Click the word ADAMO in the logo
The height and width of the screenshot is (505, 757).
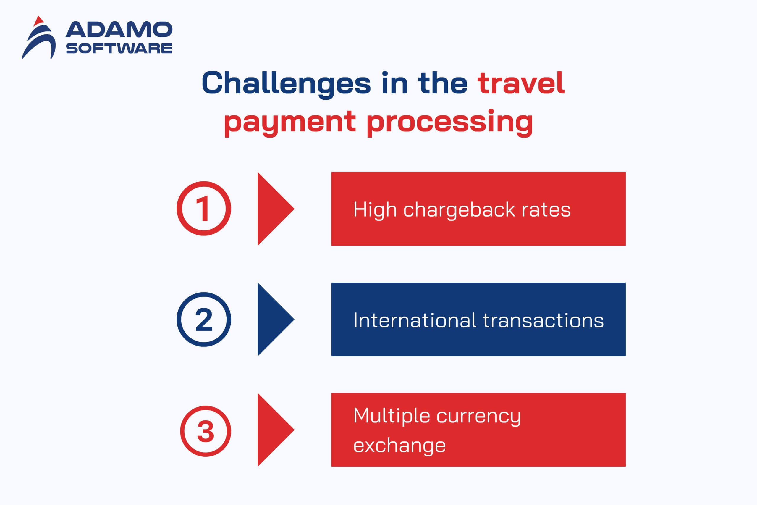click(119, 30)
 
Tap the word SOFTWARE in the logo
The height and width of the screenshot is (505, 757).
click(119, 48)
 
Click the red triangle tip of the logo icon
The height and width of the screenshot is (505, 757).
click(39, 21)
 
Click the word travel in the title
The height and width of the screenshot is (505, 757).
click(521, 83)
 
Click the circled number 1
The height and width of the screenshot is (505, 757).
click(204, 208)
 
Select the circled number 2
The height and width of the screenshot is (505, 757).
click(204, 319)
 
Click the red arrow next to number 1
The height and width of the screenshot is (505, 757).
click(276, 209)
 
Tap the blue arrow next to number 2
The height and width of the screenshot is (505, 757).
click(276, 319)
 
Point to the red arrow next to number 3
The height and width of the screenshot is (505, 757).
click(276, 430)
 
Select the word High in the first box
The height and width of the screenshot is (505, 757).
click(375, 210)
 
